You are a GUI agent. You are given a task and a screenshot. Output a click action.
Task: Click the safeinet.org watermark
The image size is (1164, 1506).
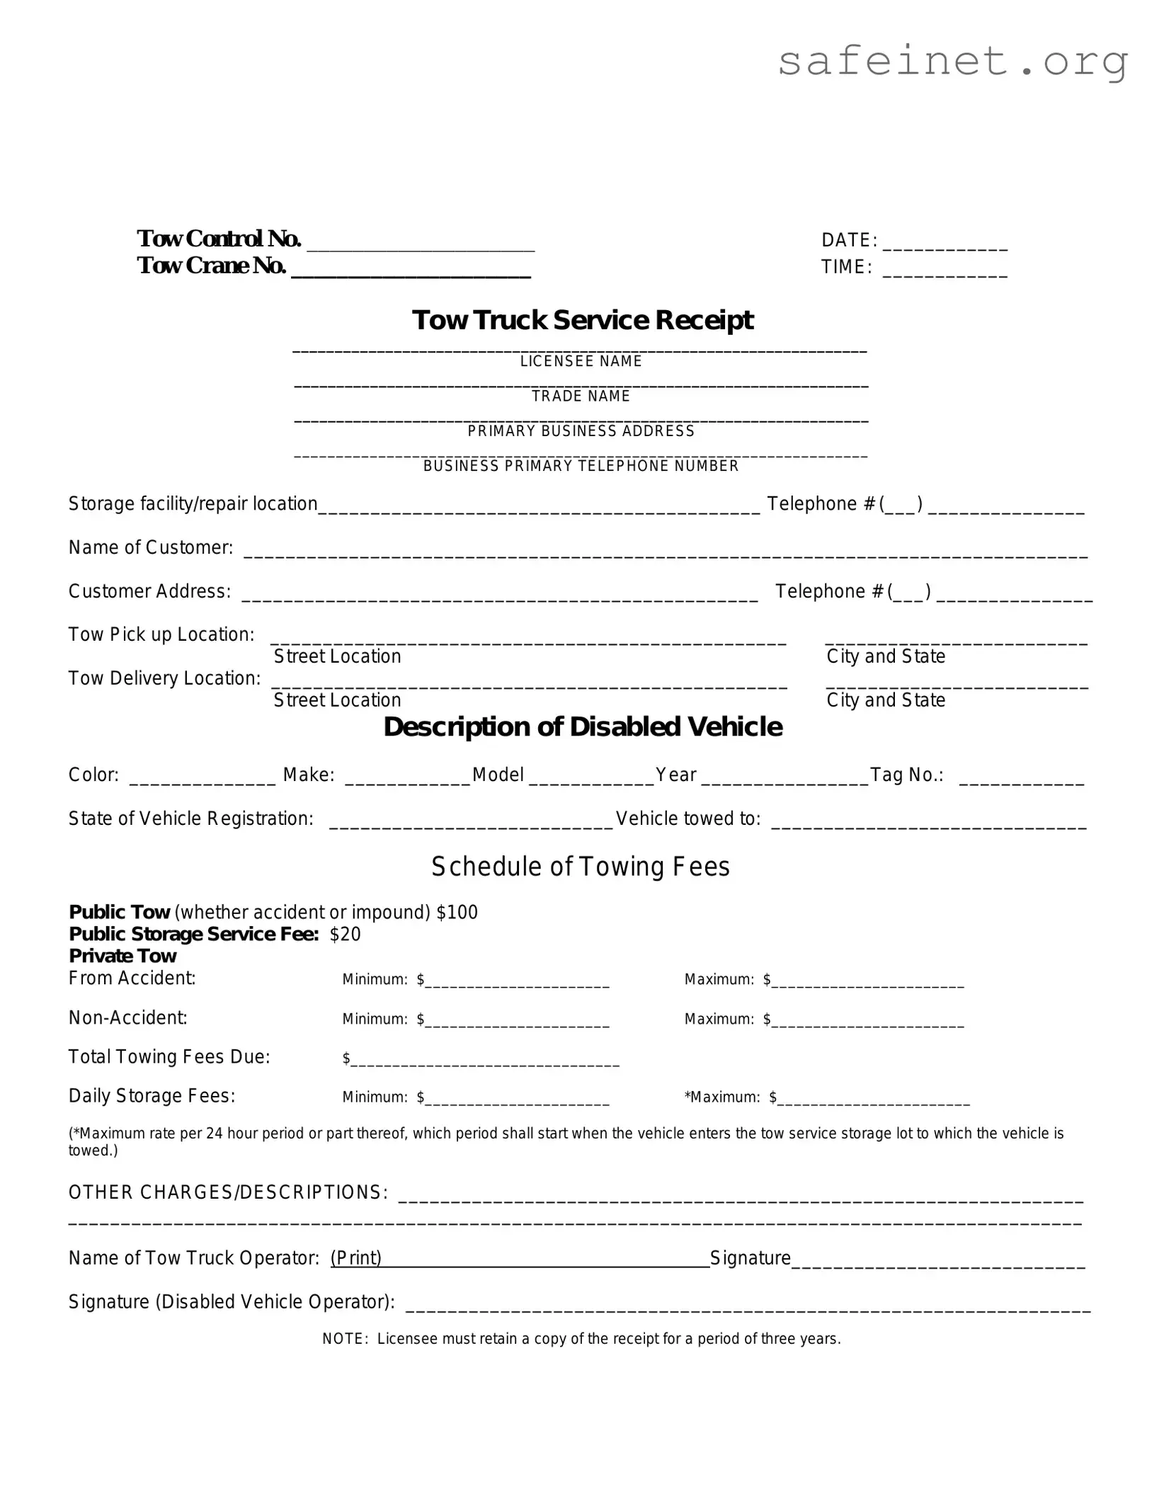point(952,62)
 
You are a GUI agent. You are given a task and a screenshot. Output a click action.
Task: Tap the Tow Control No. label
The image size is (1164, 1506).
point(219,239)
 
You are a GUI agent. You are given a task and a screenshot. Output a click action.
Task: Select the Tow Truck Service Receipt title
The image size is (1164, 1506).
point(582,320)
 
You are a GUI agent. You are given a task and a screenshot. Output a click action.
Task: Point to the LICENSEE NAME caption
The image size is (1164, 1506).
point(581,361)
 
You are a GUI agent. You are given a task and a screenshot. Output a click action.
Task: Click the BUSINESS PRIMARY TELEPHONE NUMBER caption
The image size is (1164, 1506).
point(581,466)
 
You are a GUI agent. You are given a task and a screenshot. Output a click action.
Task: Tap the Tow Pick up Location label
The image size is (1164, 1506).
point(161,634)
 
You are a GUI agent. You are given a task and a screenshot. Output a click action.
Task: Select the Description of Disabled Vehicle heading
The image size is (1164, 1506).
point(582,727)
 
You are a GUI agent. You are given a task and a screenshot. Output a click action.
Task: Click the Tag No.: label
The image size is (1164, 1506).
point(906,775)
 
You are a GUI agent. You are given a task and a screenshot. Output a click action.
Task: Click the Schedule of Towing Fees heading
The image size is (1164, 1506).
point(581,867)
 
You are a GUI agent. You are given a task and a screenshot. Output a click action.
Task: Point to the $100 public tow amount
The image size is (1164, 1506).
point(457,912)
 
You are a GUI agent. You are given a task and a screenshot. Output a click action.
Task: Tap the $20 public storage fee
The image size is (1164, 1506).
point(346,935)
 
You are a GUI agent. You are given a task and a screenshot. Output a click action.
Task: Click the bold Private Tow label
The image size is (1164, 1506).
point(122,957)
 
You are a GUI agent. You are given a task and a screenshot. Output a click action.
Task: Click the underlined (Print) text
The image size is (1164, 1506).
point(356,1257)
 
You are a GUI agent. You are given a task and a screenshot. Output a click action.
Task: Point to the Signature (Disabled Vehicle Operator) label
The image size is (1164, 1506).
point(232,1301)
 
